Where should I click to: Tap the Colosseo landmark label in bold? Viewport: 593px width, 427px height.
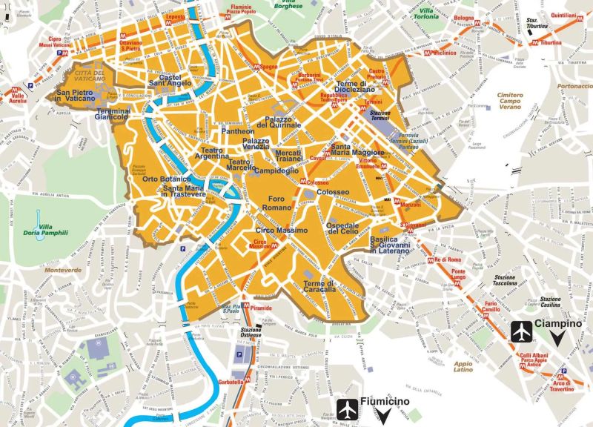click(x=333, y=193)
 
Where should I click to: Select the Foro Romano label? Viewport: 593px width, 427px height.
click(x=276, y=203)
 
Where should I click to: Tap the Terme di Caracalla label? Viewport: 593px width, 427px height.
click(x=319, y=288)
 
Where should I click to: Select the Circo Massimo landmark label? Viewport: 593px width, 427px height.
click(x=276, y=232)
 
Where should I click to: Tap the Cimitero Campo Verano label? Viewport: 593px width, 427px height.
click(x=511, y=101)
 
